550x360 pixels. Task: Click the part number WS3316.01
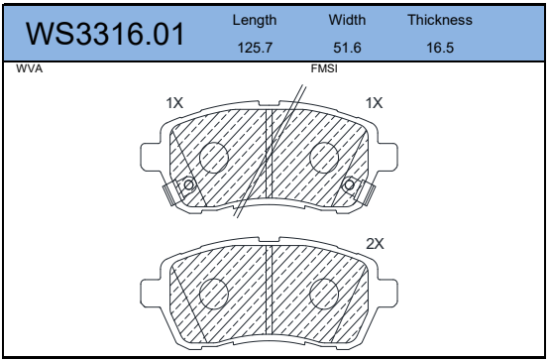click(105, 34)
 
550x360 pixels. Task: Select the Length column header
click(255, 21)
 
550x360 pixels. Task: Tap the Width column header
click(347, 20)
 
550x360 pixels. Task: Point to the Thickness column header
click(440, 20)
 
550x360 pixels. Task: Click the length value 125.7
click(255, 48)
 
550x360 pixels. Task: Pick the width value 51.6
click(347, 48)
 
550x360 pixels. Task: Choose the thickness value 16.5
click(440, 48)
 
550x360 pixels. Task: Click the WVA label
click(29, 68)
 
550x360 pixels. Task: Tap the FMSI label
click(324, 68)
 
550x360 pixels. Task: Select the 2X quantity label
click(375, 244)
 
